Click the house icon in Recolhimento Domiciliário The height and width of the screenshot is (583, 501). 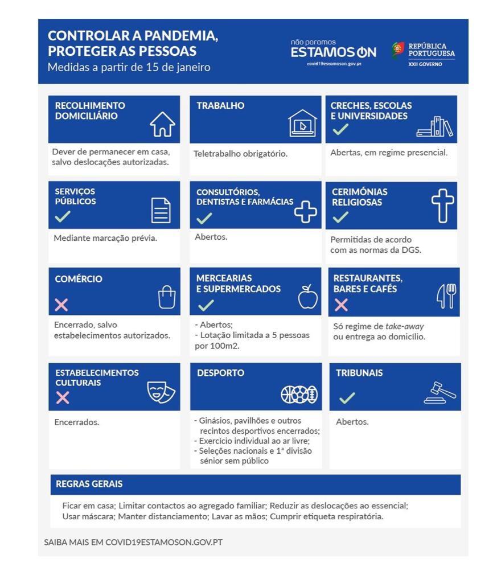pos(162,124)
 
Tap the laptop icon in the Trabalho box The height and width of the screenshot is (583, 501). pos(302,124)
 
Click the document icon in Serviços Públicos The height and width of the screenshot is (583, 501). pos(161,210)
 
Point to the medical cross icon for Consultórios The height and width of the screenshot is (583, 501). pos(306,212)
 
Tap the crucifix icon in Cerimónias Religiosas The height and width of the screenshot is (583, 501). pos(443,206)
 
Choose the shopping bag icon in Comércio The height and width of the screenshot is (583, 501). pos(167,297)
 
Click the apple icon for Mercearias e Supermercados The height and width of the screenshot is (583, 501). pos(308,297)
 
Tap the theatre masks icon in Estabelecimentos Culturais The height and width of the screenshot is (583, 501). pos(161,392)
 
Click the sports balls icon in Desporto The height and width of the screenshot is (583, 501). pos(299,394)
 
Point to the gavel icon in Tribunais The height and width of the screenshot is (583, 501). pos(440,392)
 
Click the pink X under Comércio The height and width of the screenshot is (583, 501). pos(61,305)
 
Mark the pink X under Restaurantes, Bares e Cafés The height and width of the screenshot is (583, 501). pos(341,305)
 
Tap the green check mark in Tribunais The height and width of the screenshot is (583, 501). pos(347,397)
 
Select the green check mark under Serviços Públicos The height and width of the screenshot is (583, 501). pos(63,216)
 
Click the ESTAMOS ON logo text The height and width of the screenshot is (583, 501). pos(333,52)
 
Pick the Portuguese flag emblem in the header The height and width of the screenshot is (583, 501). pos(398,50)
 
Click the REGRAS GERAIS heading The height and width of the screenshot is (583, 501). pos(89,484)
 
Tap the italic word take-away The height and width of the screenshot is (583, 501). pos(404,326)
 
